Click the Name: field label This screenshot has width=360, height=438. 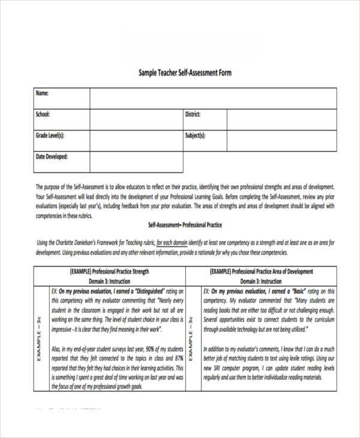tap(42, 93)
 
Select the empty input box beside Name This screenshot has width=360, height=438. tap(213, 98)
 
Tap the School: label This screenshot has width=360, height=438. tap(43, 114)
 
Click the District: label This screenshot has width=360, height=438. tap(193, 114)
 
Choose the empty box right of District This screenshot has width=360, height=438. tap(281, 119)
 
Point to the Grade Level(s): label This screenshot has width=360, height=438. tap(50, 136)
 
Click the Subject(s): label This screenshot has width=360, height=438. tap(195, 136)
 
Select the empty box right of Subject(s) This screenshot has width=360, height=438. tap(281, 140)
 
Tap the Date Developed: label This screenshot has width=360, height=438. tap(52, 157)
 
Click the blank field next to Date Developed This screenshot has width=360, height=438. tap(136, 161)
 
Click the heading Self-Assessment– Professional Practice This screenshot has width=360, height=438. tap(185, 225)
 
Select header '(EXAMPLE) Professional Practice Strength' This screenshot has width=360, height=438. tap(109, 271)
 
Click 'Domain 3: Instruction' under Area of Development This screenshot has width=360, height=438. tap(261, 281)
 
